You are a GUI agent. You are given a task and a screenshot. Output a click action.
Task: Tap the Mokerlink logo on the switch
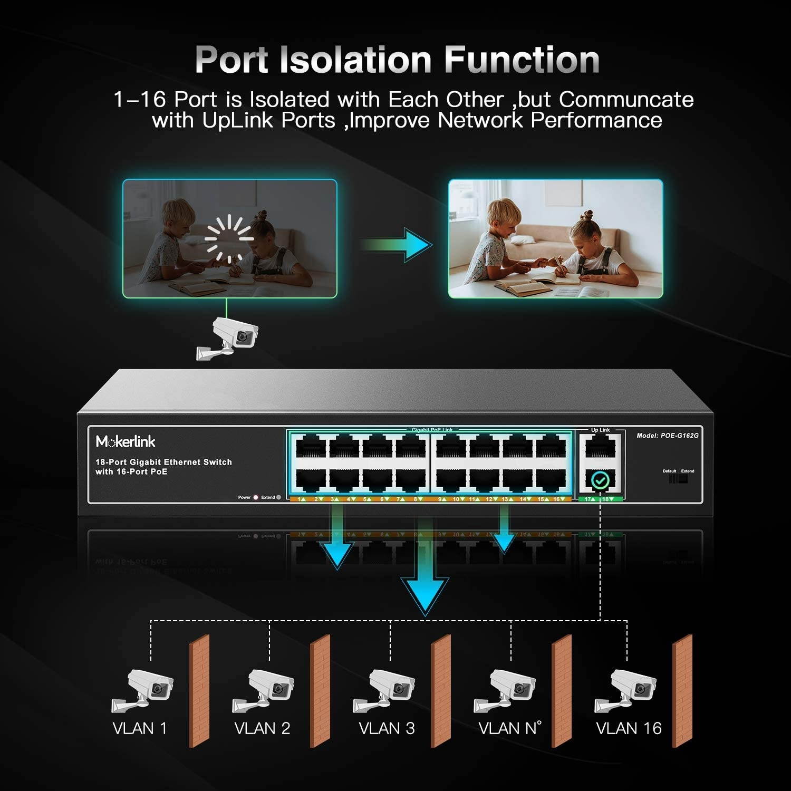click(x=126, y=441)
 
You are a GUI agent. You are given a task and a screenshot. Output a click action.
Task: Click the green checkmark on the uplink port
click(x=600, y=480)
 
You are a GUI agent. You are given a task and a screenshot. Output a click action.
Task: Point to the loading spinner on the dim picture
click(x=229, y=239)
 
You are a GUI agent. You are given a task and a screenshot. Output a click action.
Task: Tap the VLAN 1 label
click(x=140, y=728)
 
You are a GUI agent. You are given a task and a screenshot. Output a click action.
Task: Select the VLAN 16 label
click(x=628, y=728)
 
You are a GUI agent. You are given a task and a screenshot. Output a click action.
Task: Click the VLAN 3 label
click(x=387, y=728)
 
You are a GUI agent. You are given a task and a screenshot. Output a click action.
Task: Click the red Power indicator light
click(x=256, y=497)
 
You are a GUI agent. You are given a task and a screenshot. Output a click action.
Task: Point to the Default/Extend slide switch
click(x=678, y=479)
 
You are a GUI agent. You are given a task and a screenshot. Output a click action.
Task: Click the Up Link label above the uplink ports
click(x=600, y=430)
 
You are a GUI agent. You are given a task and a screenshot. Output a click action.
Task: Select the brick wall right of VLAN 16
click(x=682, y=691)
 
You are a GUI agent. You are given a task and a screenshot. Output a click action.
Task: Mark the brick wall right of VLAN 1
click(x=199, y=691)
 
